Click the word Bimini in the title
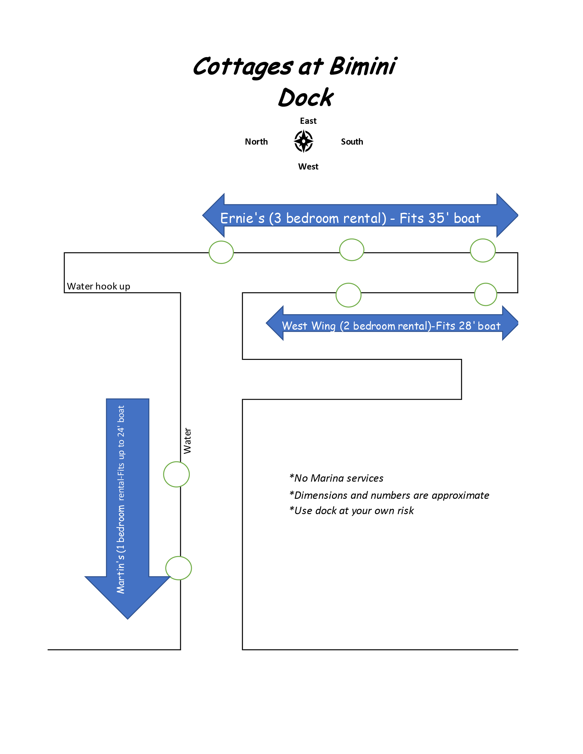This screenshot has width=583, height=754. pos(363,66)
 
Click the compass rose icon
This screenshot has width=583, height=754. pos(304,141)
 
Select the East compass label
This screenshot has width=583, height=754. pos(308,121)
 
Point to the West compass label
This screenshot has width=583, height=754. pos(308,166)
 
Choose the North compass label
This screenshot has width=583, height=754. pos(256,141)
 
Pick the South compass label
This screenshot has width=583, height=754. pos(352,141)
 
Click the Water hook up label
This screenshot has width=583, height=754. pos(98,286)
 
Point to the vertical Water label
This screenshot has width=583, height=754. pos(187,441)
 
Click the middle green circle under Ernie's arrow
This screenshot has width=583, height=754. pos(352,250)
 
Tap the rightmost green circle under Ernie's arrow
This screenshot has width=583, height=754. pos(483,250)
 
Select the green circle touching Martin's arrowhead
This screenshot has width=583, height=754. pos(179,568)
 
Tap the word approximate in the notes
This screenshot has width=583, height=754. pos(460,496)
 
